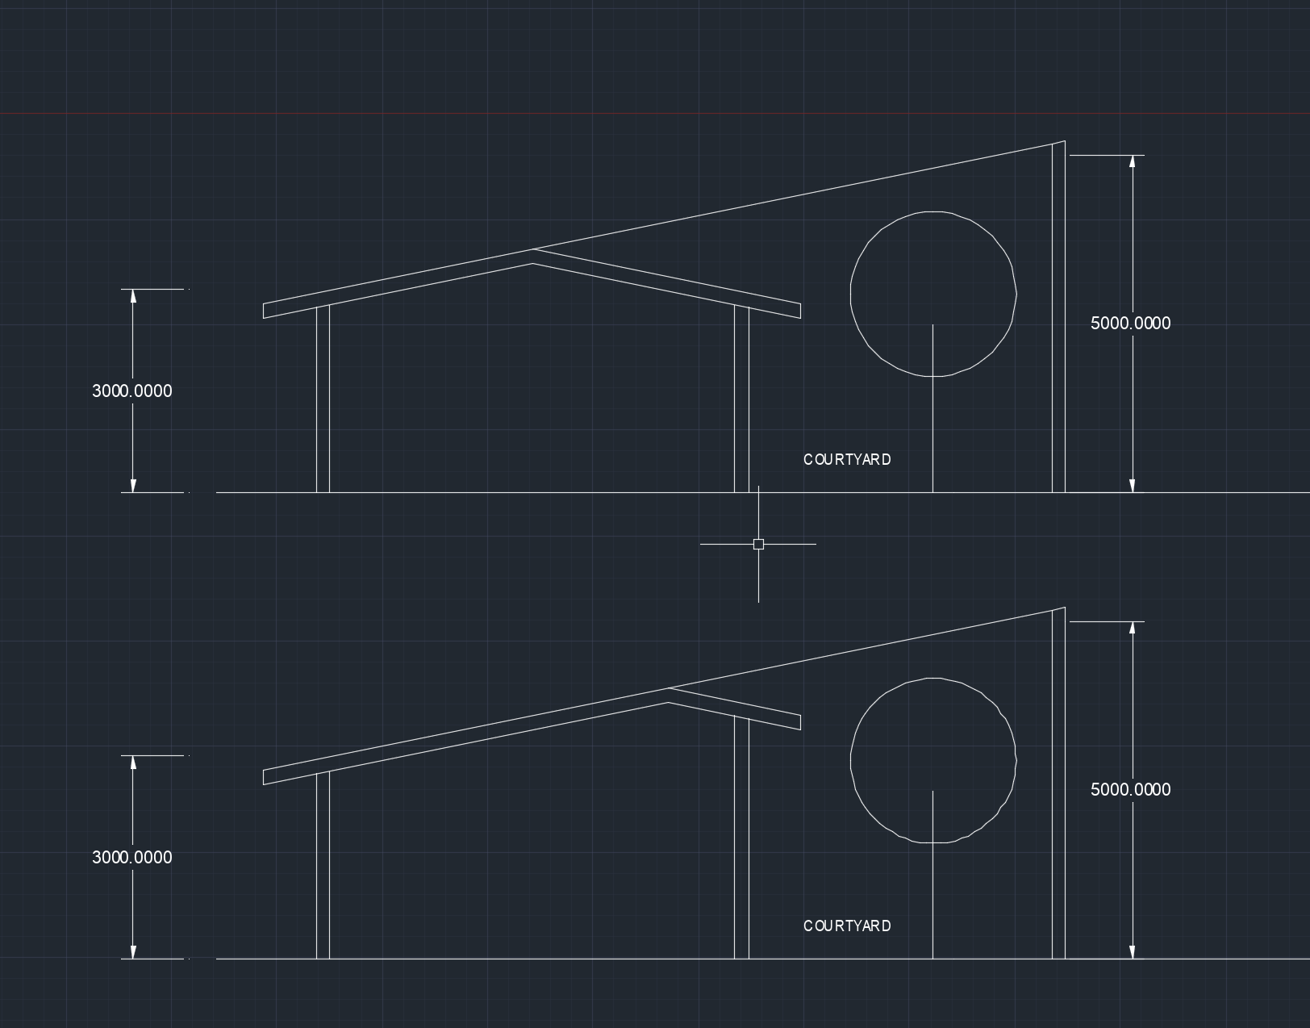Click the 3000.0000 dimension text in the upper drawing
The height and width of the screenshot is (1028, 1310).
132,391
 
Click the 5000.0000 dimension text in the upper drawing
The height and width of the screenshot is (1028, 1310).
1130,324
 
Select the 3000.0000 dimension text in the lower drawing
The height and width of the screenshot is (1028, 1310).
132,858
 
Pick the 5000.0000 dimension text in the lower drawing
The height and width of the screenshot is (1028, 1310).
1130,790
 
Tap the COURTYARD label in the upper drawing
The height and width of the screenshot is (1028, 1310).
847,460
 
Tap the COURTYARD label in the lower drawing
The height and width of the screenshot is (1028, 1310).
847,926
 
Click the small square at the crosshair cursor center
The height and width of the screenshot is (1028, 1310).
758,545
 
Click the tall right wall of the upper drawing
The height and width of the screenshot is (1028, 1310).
1058,323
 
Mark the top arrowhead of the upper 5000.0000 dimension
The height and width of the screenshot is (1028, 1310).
1133,162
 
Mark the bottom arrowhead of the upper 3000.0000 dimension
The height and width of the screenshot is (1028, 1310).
133,485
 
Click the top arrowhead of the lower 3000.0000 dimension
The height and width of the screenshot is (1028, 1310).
133,763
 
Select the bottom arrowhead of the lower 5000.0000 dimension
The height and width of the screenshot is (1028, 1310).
1133,952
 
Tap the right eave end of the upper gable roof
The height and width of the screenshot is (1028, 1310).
799,311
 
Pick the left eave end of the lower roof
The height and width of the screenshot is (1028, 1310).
265,777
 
